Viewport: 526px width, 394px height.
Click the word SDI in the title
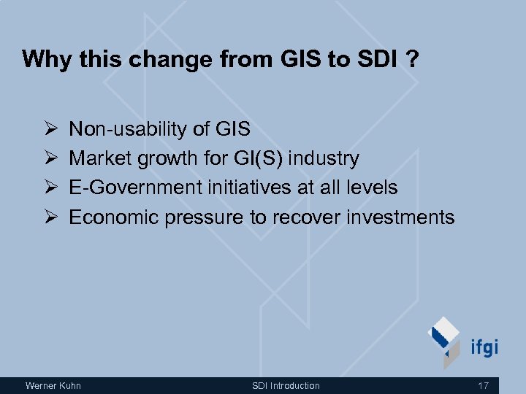[378, 59]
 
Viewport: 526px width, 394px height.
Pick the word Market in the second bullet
[101, 158]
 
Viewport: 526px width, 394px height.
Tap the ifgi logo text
[482, 346]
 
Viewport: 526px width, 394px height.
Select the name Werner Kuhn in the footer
[53, 385]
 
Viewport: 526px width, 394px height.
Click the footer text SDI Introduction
[286, 385]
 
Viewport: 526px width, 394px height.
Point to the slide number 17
[482, 385]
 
